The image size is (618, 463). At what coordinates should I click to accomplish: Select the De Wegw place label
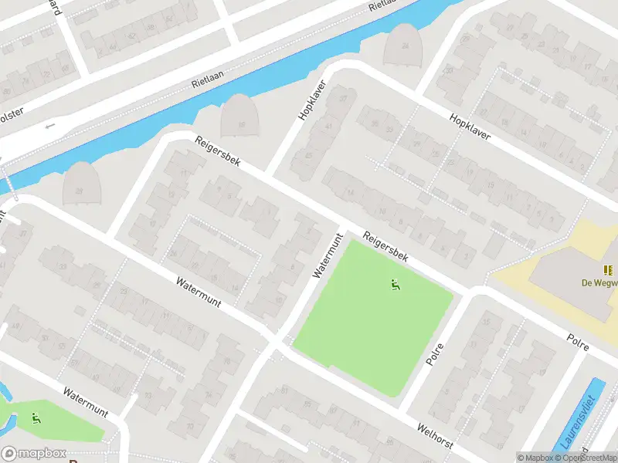[599, 282]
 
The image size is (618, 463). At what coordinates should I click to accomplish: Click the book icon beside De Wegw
[609, 270]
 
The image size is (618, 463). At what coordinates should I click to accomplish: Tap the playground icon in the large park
[396, 285]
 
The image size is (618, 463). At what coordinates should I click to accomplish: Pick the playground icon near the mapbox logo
[36, 419]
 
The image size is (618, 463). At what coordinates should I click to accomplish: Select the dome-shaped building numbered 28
[83, 183]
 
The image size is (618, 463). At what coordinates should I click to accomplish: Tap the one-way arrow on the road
[52, 125]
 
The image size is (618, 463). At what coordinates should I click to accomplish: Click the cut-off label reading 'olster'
[12, 111]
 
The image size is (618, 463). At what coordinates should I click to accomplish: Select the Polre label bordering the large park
[437, 354]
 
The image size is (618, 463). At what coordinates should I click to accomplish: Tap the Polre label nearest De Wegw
[578, 343]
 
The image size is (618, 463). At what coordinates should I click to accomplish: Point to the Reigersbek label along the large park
[385, 248]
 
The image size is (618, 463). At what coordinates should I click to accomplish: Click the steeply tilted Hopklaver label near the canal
[313, 102]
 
